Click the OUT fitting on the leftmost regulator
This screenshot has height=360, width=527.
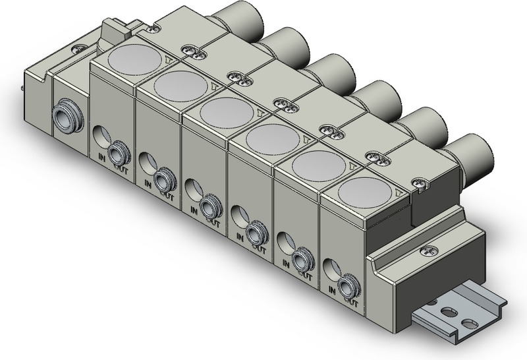pos(119,154)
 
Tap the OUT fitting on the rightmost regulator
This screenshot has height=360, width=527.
pos(349,287)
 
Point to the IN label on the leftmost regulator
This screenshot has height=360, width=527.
pos(101,156)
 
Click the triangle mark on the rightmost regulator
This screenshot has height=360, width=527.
pos(399,192)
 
